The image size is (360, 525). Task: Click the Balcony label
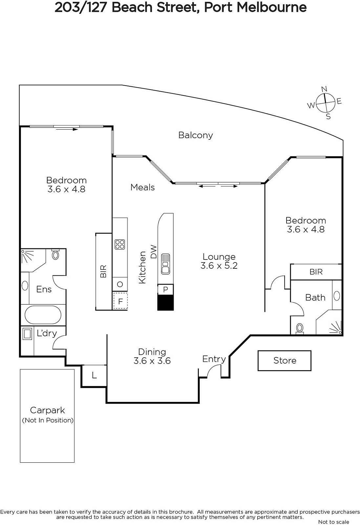pos(196,135)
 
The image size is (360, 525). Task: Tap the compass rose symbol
pos(325,103)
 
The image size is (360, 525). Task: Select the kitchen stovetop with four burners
pos(120,244)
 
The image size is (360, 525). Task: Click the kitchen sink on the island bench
pos(165,264)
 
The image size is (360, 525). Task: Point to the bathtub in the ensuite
pos(43,315)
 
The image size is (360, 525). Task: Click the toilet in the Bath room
pos(300,328)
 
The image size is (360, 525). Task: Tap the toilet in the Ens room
pos(55,254)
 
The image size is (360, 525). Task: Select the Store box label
pos(285,361)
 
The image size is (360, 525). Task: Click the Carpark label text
pos(48,410)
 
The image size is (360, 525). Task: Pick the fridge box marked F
pos(120,301)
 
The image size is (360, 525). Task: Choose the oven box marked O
pos(120,284)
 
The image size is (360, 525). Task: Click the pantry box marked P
pos(165,289)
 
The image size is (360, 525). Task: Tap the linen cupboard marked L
pos(94,375)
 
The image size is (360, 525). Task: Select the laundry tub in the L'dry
pos(27,334)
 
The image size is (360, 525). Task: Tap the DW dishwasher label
pos(153,252)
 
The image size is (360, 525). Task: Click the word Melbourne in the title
pos(272,8)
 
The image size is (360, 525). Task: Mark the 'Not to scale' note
pos(334,522)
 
